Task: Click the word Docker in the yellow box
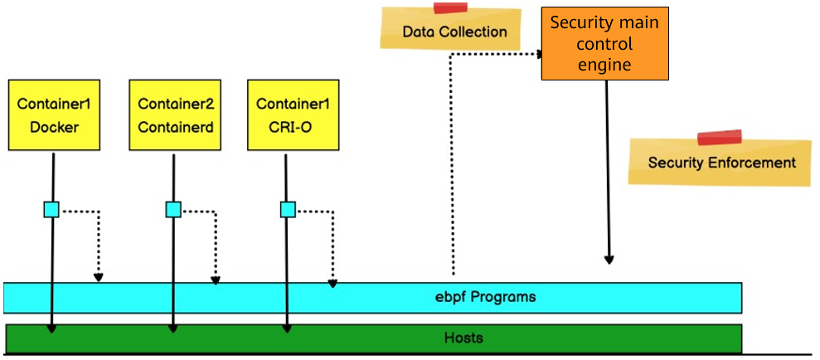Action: pos(53,128)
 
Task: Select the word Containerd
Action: pos(176,128)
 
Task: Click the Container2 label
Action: pos(176,104)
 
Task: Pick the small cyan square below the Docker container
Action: pos(51,210)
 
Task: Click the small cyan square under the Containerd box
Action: pos(173,210)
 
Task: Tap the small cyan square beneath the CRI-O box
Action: pos(288,210)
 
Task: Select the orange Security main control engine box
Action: pos(604,44)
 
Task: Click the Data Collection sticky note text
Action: pos(454,32)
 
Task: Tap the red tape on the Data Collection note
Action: pos(450,8)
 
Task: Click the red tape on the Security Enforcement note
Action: pos(719,138)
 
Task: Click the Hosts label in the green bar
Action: pos(463,338)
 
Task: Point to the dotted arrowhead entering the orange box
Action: pos(538,54)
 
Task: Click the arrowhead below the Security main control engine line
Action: pos(609,260)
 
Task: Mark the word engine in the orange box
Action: pos(604,64)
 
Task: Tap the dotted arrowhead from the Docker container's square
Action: pos(99,277)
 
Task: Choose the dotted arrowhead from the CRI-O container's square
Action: pos(332,283)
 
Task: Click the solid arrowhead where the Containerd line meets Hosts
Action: pos(173,328)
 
